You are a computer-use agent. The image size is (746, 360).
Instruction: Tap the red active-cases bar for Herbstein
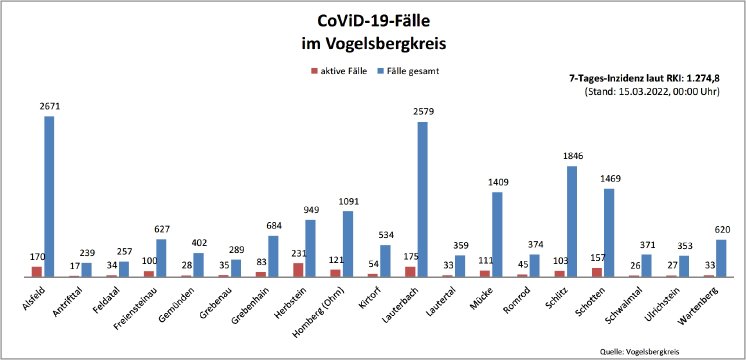click(298, 269)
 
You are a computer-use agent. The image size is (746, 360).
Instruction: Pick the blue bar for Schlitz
click(571, 221)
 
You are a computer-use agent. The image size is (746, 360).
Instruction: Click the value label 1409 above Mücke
click(497, 183)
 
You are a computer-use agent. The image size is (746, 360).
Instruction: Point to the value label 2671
click(49, 106)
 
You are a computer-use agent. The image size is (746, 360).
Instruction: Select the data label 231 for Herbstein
click(297, 254)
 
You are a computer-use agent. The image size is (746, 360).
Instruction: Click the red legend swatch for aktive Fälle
click(315, 71)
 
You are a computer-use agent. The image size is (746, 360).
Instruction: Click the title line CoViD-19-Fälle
click(373, 20)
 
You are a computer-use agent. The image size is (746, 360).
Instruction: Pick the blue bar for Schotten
click(608, 232)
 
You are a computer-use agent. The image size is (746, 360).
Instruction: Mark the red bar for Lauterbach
click(410, 271)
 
